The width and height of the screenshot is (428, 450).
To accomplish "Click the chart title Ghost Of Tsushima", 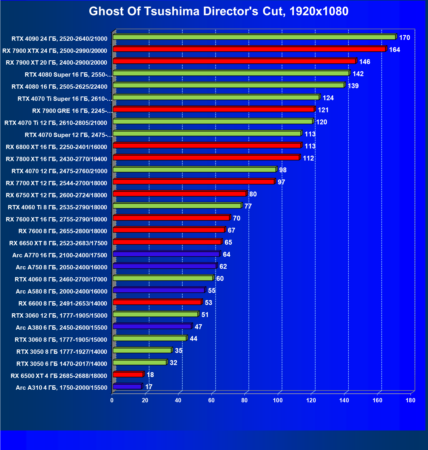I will [x=219, y=11].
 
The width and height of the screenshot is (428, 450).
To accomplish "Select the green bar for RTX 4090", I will [x=254, y=37].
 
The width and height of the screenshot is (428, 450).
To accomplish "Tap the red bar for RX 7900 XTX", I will [x=249, y=49].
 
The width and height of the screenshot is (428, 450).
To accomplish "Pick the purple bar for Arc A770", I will [x=166, y=254].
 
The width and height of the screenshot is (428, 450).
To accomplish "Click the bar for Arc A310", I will [x=127, y=387].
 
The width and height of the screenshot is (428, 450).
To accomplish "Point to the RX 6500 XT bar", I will [x=128, y=375].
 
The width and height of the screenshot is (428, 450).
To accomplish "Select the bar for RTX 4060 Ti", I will [x=177, y=206].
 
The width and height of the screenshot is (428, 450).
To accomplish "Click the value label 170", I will [x=404, y=38].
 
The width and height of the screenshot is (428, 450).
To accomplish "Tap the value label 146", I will [x=365, y=62].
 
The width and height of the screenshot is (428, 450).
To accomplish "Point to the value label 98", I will [x=283, y=170].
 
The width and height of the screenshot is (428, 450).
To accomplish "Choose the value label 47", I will [x=198, y=327].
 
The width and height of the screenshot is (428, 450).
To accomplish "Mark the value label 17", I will [x=149, y=387].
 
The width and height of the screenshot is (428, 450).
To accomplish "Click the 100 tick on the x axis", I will [x=278, y=400].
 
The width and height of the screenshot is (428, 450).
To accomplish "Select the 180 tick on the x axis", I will [x=410, y=400].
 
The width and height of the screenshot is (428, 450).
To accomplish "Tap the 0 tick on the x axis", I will [x=112, y=400].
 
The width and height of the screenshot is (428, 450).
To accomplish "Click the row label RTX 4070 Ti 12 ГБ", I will [x=56, y=123].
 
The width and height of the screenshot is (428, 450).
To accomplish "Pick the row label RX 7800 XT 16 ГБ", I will [x=56, y=159].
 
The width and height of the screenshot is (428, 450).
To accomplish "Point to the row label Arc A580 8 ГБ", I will [x=61, y=291].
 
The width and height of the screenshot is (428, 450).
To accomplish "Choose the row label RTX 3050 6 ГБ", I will [x=62, y=364].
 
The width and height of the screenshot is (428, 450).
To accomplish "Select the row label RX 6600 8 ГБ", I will [x=63, y=304].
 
